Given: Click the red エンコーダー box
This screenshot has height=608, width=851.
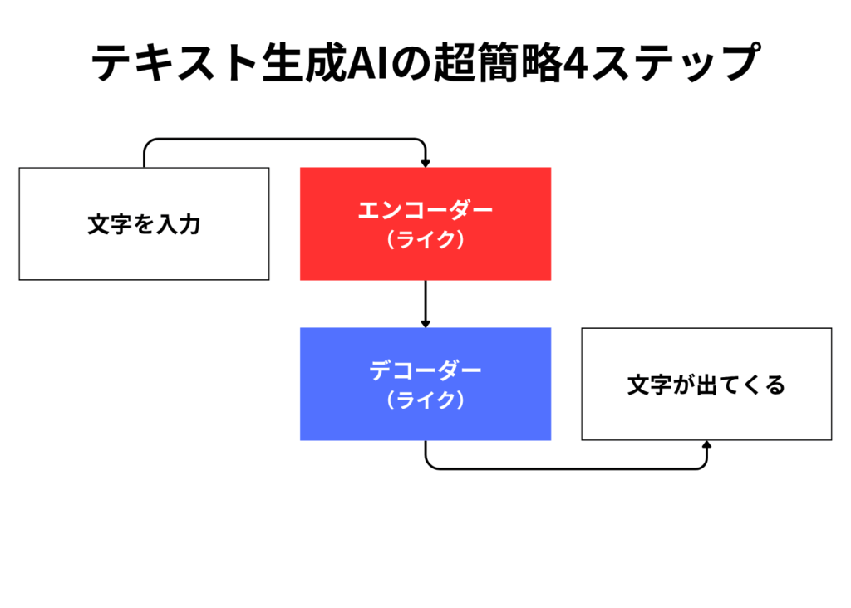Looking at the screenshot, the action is tap(425, 223).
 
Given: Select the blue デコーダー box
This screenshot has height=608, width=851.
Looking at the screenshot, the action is tap(425, 384).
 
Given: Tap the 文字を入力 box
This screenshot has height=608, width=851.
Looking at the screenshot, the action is tap(144, 223).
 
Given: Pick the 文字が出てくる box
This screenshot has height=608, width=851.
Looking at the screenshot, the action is tap(706, 384).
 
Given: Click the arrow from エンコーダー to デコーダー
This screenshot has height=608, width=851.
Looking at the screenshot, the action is tap(425, 304).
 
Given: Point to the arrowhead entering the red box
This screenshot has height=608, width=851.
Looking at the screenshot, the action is tap(425, 164).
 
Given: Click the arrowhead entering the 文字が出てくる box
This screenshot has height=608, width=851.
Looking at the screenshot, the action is tap(706, 444).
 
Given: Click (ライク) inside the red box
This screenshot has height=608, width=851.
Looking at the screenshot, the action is tap(425, 239).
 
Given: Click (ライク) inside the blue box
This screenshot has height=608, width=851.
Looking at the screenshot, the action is tap(425, 400).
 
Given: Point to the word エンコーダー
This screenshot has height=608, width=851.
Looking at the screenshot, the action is tap(425, 210).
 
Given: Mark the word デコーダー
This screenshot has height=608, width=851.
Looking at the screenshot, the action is tap(425, 370).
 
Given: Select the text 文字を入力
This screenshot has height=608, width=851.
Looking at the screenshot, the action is tap(144, 224).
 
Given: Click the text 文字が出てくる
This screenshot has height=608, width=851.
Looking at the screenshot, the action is tap(706, 385).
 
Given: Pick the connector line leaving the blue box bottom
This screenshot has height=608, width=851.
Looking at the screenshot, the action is tap(566, 468).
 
